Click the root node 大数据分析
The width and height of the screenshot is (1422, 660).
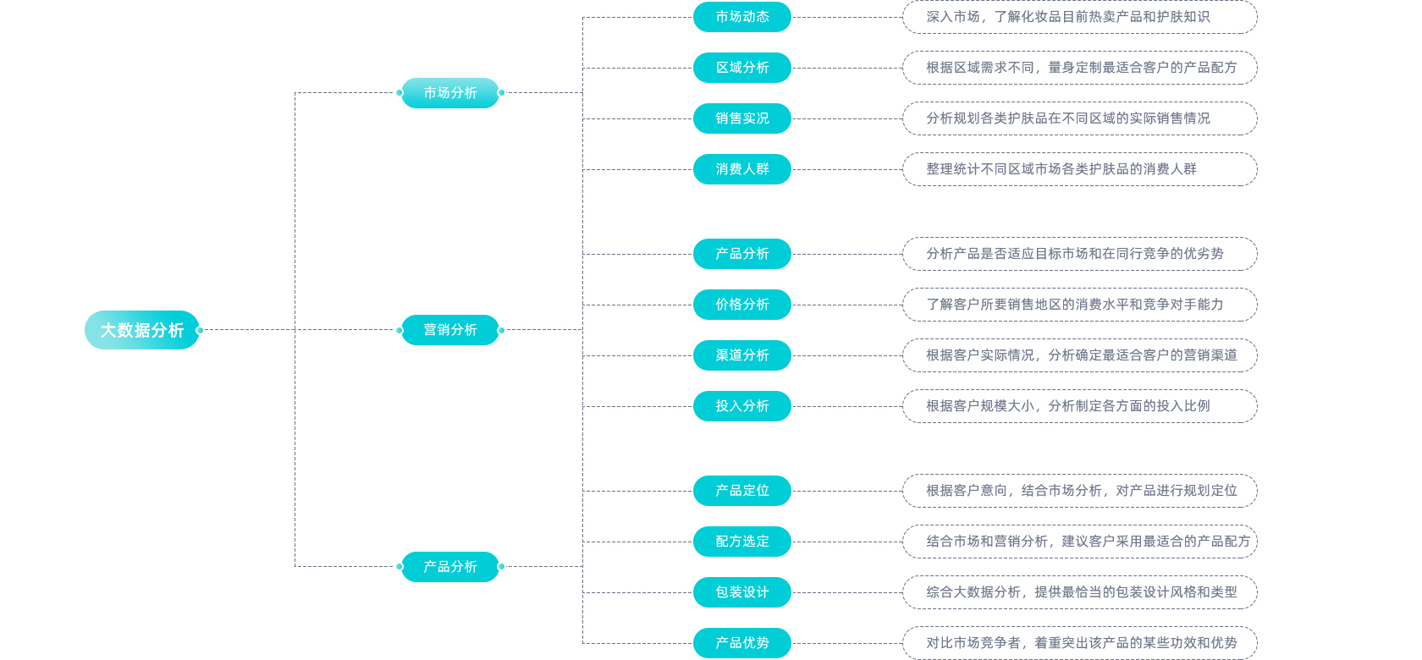(141, 330)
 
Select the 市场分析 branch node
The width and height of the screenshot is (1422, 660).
(450, 93)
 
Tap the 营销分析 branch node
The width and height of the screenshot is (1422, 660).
(450, 330)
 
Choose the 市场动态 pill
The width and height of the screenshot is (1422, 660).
(741, 17)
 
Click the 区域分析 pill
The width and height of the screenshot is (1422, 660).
(741, 68)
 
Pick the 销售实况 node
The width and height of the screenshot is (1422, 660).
(741, 118)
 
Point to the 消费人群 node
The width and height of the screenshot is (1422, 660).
(741, 169)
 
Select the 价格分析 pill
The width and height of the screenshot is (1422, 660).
(741, 305)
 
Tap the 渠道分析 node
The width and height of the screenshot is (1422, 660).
(741, 355)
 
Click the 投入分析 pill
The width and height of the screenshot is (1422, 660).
(741, 406)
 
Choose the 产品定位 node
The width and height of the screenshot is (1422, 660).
(741, 491)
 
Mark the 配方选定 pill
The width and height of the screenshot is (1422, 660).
(741, 542)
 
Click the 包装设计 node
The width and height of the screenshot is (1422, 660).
(741, 592)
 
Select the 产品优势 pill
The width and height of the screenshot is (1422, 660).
(741, 643)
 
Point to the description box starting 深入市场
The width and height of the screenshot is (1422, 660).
(1079, 17)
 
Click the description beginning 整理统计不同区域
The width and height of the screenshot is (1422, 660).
(1079, 169)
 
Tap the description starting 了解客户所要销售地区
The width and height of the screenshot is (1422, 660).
(1079, 305)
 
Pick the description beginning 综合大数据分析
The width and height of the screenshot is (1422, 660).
(1079, 592)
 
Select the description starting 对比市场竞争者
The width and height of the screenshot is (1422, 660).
(1079, 643)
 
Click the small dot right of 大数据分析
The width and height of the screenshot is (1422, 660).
(200, 330)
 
